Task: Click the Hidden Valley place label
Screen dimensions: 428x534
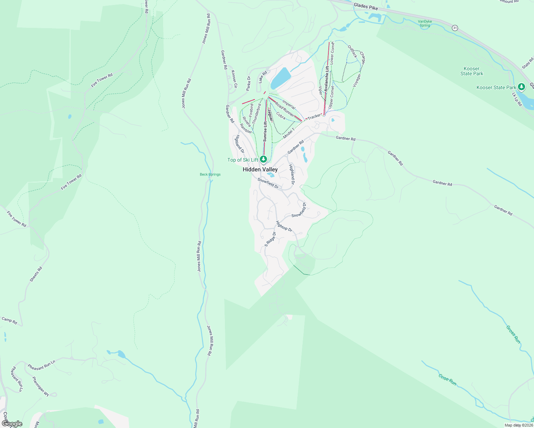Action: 260,169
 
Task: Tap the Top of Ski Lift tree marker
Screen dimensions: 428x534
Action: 263,159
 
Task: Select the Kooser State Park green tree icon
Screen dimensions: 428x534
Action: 522,87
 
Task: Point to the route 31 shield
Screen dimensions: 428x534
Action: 454,28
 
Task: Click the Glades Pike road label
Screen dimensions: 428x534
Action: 366,6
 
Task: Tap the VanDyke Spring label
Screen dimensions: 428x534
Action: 425,24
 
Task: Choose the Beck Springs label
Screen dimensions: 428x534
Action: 210,174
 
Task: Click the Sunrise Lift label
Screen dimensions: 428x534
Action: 265,132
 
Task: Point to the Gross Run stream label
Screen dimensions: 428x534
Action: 513,335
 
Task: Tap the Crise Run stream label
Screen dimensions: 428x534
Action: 448,379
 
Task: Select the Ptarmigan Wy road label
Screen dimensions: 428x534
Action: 40,386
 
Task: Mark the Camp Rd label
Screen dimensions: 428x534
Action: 9,320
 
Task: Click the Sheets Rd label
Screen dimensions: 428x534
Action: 36,274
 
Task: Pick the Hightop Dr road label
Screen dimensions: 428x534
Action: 284,226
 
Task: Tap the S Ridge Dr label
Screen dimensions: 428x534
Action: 270,239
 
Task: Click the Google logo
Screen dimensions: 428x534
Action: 12,424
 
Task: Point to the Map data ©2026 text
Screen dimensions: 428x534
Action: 518,425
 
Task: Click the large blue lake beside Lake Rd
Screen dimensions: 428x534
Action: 281,78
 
